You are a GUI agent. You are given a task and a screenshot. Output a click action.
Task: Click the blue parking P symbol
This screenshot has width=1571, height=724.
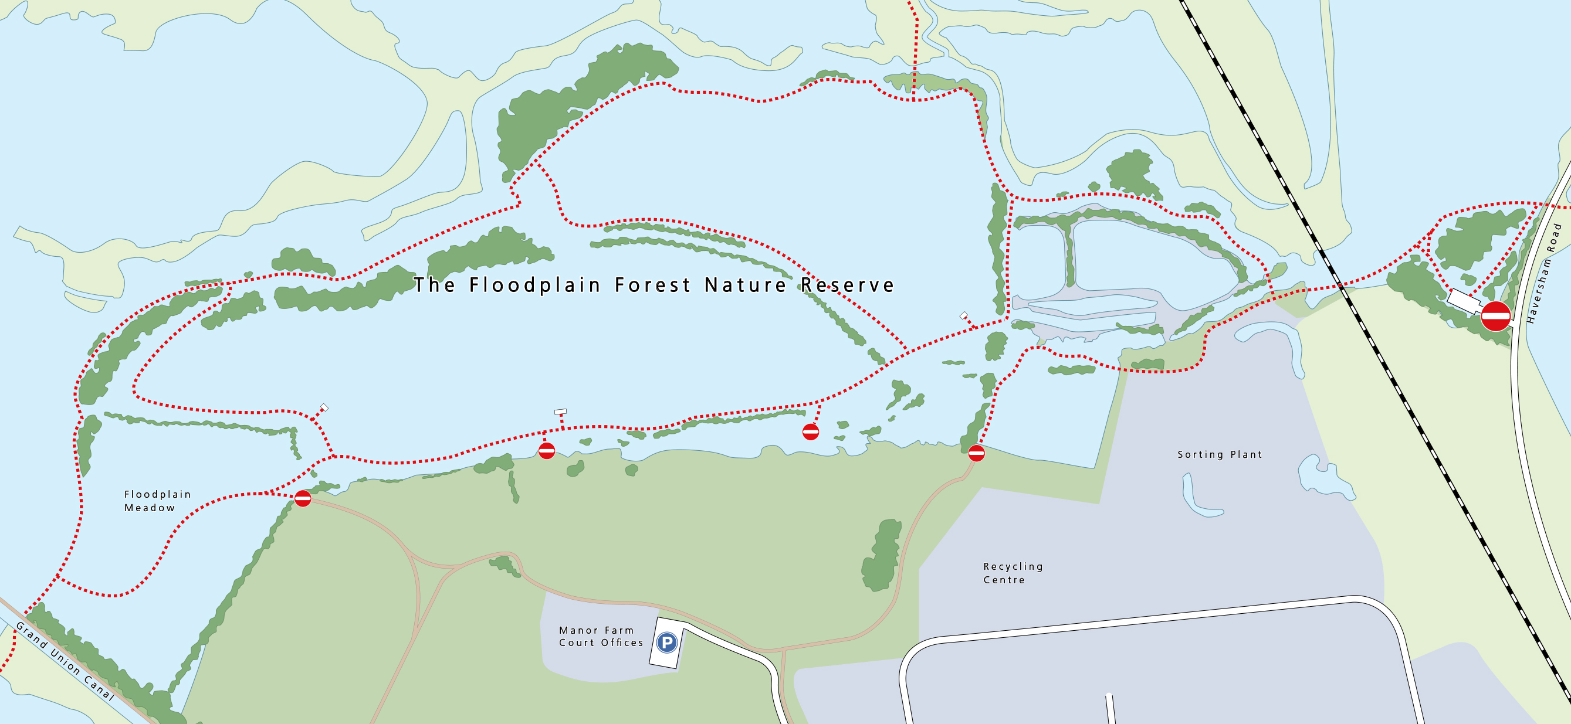click(x=666, y=643)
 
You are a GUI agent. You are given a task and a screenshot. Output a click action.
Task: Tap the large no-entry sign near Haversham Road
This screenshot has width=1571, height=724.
click(x=1495, y=315)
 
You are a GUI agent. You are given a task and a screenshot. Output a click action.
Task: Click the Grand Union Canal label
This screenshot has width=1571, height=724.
click(x=65, y=662)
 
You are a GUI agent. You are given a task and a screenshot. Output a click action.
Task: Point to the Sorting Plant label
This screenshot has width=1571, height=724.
click(x=1219, y=455)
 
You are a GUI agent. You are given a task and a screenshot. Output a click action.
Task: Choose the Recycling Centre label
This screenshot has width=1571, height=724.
click(x=1013, y=573)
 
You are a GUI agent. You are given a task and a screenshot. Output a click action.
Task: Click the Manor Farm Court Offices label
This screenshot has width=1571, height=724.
click(x=601, y=636)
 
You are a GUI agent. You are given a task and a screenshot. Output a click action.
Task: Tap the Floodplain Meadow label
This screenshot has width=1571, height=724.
click(x=157, y=501)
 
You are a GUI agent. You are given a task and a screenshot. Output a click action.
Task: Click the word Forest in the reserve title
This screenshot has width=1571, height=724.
click(x=652, y=285)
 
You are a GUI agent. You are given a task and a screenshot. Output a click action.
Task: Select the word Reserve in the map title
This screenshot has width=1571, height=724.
click(x=847, y=285)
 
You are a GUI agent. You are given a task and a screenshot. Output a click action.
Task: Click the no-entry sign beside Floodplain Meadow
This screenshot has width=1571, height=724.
click(x=303, y=498)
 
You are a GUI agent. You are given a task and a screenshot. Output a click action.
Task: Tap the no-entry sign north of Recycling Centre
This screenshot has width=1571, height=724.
click(x=976, y=453)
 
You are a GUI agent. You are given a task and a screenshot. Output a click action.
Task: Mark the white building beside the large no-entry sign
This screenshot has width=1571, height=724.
click(x=1464, y=301)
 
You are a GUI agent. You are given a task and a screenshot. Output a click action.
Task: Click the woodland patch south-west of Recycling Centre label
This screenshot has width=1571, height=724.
click(x=881, y=556)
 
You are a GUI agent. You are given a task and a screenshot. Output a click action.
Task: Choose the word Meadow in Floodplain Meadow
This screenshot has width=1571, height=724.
click(x=150, y=508)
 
